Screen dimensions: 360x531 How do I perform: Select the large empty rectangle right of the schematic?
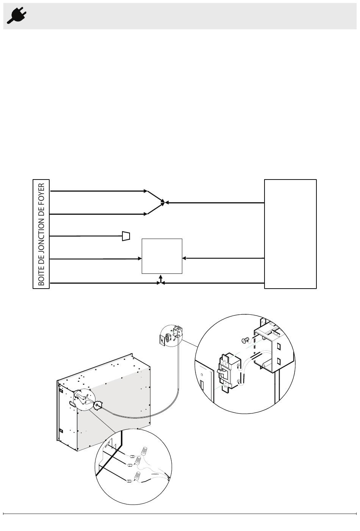point(290,234)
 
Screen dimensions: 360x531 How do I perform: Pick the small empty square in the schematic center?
point(162,256)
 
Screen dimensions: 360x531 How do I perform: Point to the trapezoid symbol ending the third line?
point(126,236)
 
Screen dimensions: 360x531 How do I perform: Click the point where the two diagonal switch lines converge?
point(164,203)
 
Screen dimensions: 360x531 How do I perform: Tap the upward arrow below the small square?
point(161,279)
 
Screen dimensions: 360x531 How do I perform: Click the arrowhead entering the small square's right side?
point(184,258)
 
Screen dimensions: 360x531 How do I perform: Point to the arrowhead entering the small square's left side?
point(140,259)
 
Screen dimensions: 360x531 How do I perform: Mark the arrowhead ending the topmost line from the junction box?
point(146,191)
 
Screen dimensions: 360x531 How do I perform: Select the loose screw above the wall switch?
point(244,340)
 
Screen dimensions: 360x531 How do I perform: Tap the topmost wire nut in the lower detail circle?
point(144,451)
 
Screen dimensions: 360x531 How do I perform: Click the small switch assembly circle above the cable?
point(171,336)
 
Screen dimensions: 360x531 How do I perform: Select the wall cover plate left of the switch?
point(204,382)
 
